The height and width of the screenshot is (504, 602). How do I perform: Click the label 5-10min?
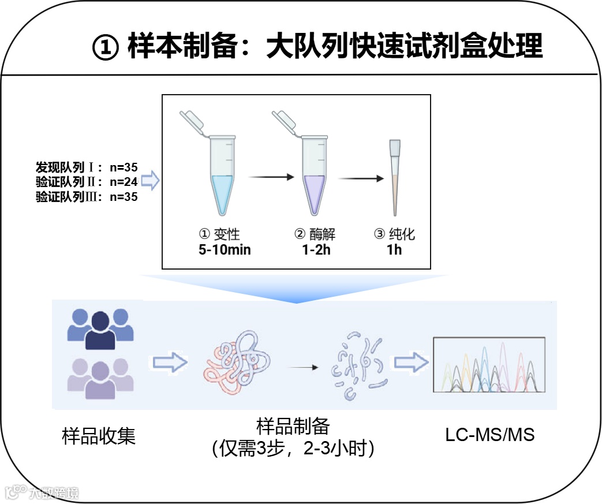coord(225,251)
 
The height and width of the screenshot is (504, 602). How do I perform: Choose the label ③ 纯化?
coord(395,235)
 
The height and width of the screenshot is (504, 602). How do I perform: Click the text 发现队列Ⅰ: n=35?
coord(87,168)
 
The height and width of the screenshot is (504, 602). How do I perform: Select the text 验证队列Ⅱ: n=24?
coord(87,182)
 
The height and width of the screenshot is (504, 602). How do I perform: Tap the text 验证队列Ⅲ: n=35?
coord(87,197)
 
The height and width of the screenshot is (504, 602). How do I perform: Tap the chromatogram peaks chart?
coord(489,365)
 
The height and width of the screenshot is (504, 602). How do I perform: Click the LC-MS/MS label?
coord(490,435)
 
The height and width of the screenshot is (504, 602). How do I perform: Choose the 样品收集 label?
coord(99,436)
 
